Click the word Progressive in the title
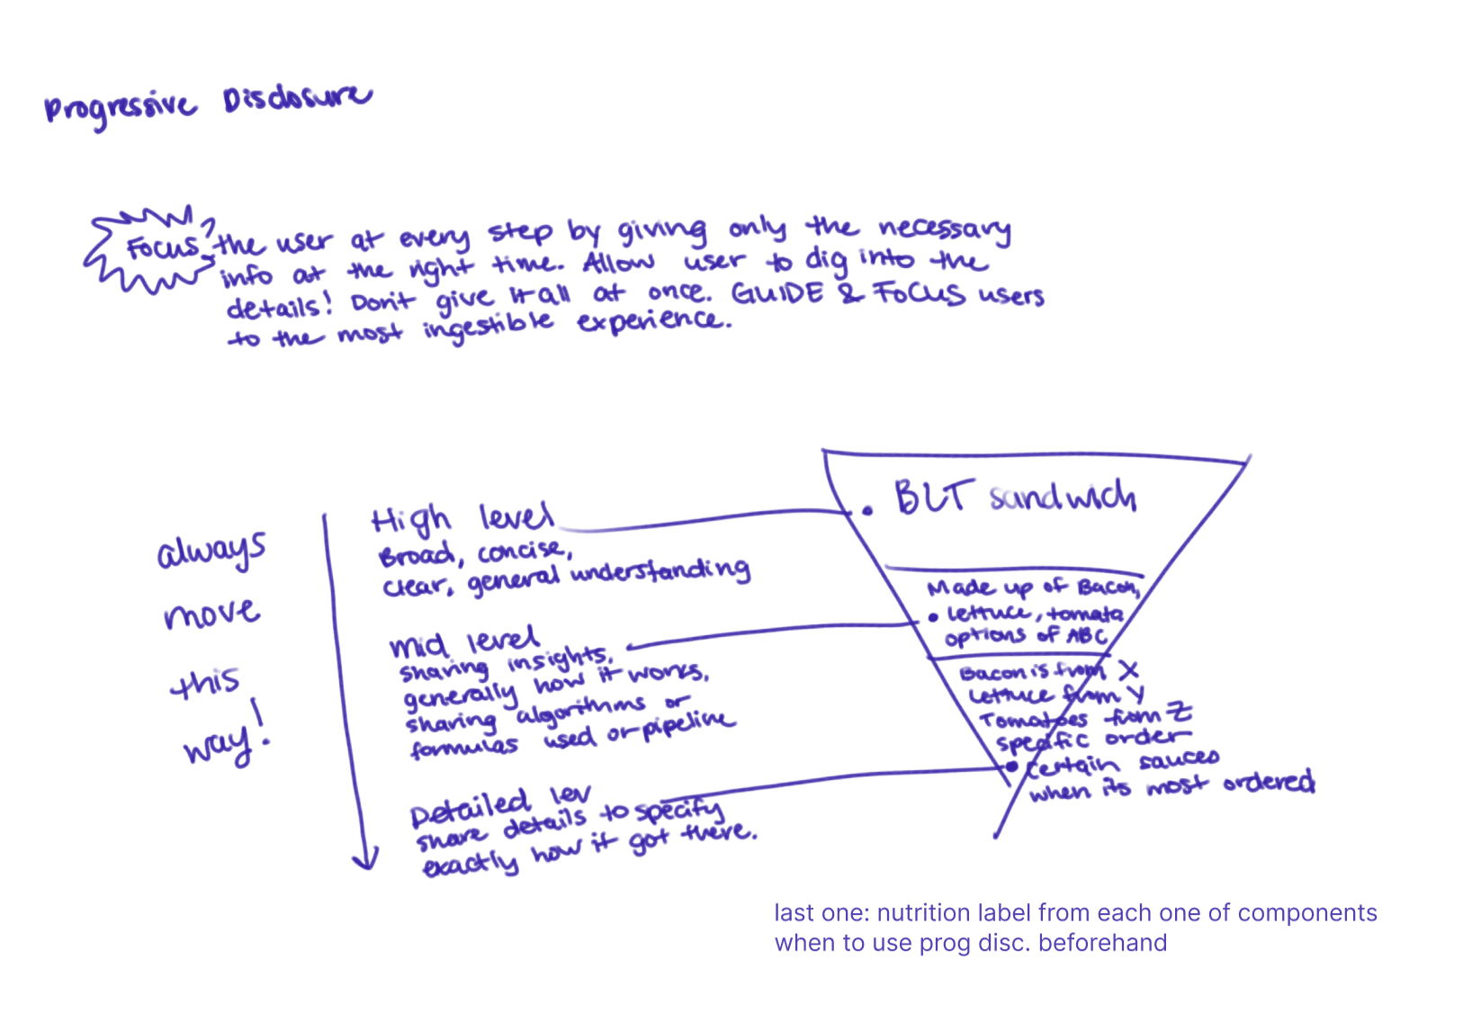pyautogui.click(x=120, y=108)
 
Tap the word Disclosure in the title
pyautogui.click(x=297, y=97)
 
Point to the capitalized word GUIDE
pyautogui.click(x=776, y=294)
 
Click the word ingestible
pyautogui.click(x=489, y=327)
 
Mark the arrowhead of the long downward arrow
pyautogui.click(x=364, y=859)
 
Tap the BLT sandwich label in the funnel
pyautogui.click(x=1014, y=497)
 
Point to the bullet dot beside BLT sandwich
pyautogui.click(x=867, y=511)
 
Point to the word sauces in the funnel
pyautogui.click(x=1179, y=760)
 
